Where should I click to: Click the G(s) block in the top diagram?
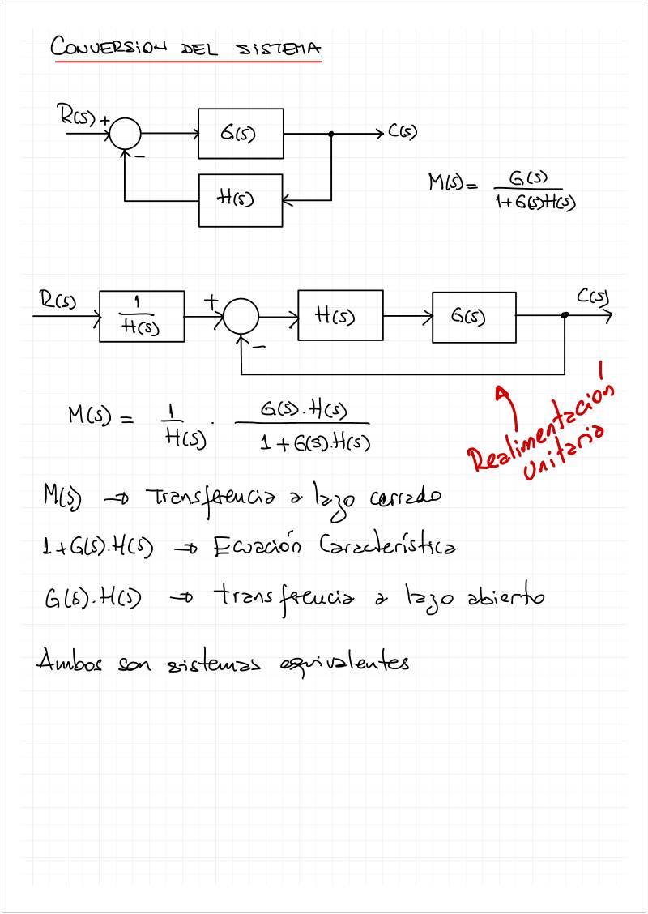tap(241, 133)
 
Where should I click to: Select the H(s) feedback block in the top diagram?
tap(241, 199)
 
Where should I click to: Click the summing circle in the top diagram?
tap(125, 133)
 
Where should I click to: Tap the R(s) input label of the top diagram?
tap(78, 115)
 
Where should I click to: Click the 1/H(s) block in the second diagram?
tap(142, 316)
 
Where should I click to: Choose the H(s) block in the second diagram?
tap(340, 315)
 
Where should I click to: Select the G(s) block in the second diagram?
tap(474, 315)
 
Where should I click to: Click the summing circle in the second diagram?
tap(241, 316)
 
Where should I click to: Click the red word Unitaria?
tap(564, 454)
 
